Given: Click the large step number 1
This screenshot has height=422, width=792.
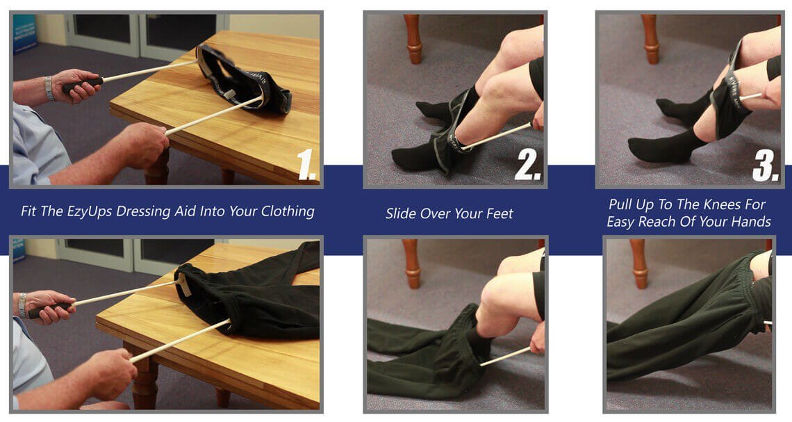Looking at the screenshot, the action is coord(306,164).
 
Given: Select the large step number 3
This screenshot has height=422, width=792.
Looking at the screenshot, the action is coord(766,165).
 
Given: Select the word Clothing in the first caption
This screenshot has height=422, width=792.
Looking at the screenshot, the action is coord(288,211).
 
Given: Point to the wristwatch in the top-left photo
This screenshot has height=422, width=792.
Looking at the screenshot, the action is coord(49,88).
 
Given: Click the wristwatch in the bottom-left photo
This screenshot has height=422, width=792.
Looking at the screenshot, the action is coord(22,305).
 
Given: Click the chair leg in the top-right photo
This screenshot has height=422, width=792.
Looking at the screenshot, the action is coord(650,39).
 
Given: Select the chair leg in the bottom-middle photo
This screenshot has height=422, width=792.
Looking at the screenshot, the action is coord(412,263).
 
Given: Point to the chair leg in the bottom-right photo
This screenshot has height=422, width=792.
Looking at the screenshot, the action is coord(639,263).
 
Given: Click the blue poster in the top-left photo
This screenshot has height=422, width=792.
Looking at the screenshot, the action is coord(25,33).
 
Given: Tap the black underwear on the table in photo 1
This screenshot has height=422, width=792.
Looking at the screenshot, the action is coord(242,81).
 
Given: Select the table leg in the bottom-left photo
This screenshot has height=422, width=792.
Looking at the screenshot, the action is coord(145,377).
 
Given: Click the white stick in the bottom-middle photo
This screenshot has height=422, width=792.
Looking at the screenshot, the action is coord(505,356).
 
